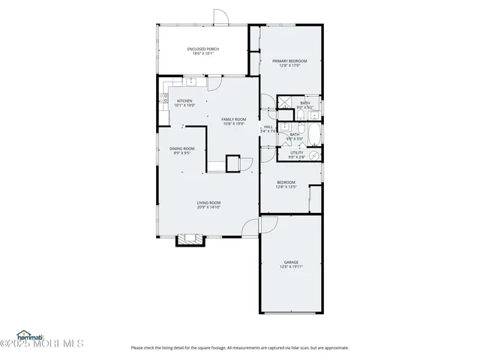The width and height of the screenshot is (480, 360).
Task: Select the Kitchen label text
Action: tap(184, 101)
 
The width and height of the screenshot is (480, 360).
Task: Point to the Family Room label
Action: tap(233, 119)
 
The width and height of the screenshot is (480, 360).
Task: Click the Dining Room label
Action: tap(181, 148)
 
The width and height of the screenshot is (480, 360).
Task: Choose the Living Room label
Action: tap(208, 202)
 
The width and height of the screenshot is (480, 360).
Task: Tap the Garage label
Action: tap(291, 262)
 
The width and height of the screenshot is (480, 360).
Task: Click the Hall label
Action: tap(268, 127)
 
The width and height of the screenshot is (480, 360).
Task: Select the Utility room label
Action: tap(297, 152)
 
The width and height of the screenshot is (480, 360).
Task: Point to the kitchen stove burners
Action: tap(165, 97)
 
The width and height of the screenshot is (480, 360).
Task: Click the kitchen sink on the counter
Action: tap(192, 80)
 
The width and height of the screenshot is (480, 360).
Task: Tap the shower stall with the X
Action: tap(286, 104)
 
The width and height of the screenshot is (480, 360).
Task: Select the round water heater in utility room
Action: tap(316, 156)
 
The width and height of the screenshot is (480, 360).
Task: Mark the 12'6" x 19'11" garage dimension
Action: tap(291, 267)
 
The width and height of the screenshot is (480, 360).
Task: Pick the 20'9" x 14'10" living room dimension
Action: tap(208, 207)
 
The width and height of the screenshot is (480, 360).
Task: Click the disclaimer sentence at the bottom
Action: tap(239, 347)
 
